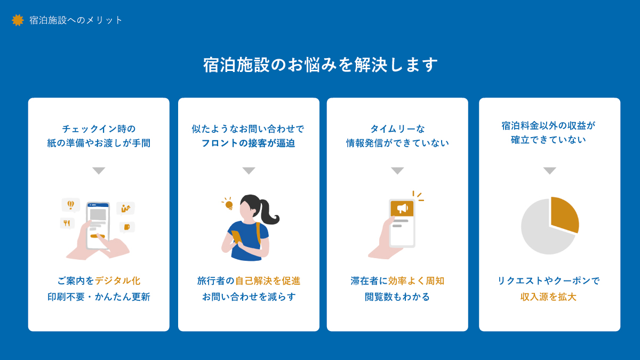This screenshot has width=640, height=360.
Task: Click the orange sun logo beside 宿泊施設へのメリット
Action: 18,20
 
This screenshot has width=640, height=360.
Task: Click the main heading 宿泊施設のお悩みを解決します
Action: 320,65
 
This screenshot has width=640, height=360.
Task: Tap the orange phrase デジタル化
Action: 118,281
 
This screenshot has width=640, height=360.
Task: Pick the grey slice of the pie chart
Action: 541,235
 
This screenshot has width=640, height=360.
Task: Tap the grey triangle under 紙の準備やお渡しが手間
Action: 99,171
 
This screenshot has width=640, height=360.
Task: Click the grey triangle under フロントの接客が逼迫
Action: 249,171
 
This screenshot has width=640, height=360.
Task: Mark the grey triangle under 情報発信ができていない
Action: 397,171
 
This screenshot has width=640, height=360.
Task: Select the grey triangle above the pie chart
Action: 549,171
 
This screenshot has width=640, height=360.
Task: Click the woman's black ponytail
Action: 269,213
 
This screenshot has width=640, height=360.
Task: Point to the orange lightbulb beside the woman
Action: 229,204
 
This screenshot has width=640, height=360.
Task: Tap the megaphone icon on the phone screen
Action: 402,208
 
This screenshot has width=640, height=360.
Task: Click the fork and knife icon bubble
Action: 67,223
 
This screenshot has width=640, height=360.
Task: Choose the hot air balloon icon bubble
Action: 70,205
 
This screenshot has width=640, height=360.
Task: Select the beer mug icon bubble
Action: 127,227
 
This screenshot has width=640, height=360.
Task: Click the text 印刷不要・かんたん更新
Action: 99,297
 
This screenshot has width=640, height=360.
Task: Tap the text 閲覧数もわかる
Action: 397,297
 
